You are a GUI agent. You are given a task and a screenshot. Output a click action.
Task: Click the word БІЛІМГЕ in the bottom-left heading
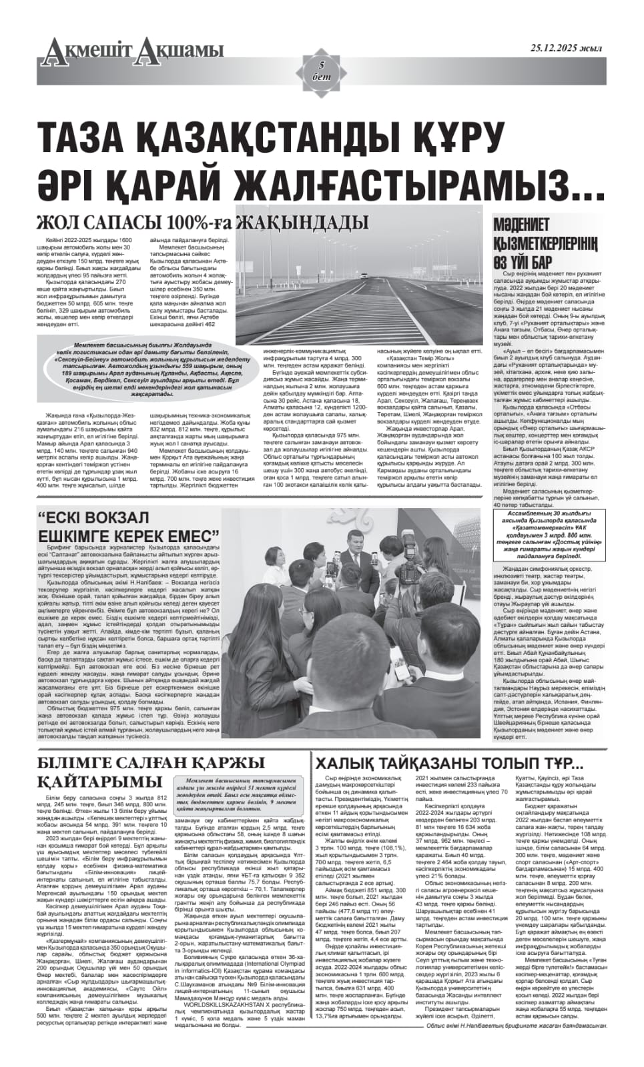click(x=81, y=763)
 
